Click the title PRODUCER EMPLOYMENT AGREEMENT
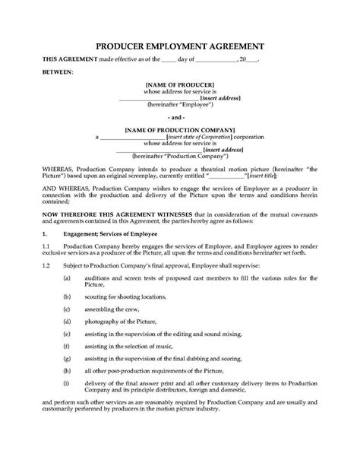click(x=179, y=44)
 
